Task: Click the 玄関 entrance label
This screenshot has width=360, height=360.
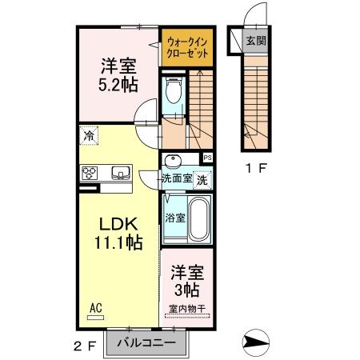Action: (x=255, y=42)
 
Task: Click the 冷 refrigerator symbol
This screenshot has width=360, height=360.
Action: (x=87, y=135)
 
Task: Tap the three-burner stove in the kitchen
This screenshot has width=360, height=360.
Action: (x=90, y=173)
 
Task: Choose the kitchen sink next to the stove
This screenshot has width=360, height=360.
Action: (x=121, y=173)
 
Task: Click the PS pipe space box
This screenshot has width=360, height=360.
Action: (x=207, y=158)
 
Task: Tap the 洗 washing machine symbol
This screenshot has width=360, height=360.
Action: (x=203, y=180)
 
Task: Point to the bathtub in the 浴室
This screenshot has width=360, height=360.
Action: (x=199, y=219)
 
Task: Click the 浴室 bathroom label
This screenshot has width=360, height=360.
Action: (x=175, y=217)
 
